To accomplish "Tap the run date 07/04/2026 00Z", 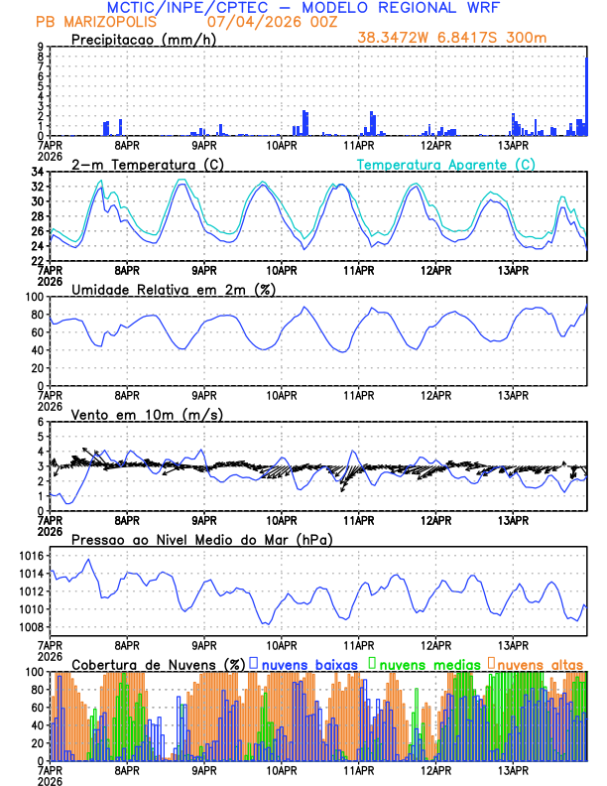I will click(x=266, y=21).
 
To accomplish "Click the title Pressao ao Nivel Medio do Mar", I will click(x=201, y=539).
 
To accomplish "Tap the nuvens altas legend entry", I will click(x=536, y=663).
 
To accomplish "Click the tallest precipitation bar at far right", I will click(x=586, y=95).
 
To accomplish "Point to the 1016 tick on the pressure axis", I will click(x=30, y=556).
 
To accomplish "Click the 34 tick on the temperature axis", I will click(x=36, y=173).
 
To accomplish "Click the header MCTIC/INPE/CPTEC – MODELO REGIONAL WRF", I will click(x=303, y=7).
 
